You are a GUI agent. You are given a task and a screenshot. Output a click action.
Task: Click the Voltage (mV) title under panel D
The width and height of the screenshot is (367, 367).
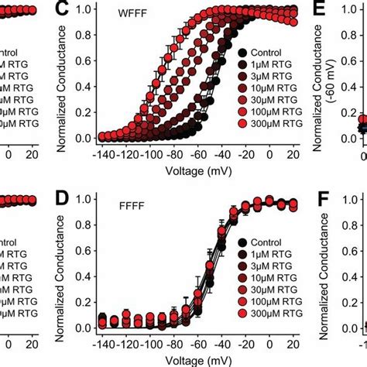pos(196,357)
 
